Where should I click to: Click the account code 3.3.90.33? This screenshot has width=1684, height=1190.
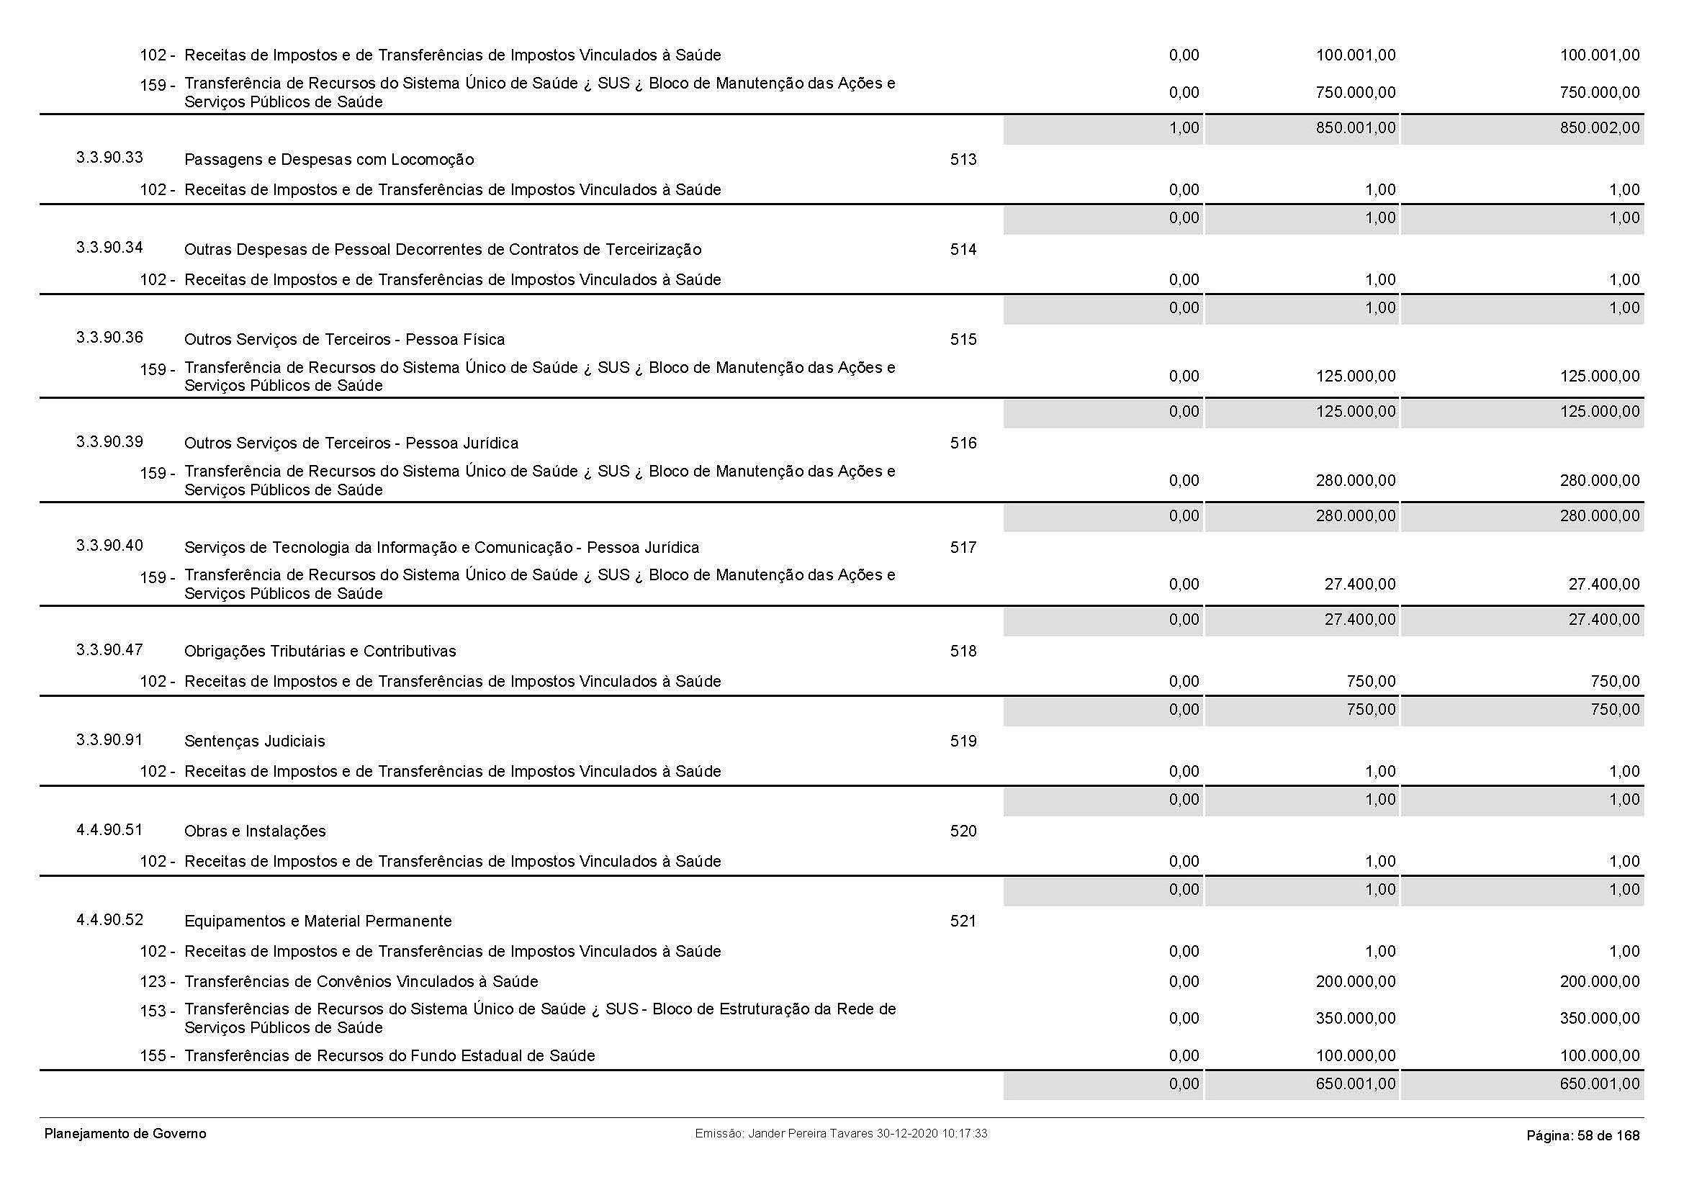click(x=109, y=158)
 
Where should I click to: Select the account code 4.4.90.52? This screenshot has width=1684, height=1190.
click(x=109, y=919)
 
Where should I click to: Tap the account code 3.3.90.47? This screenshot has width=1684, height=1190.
click(x=109, y=649)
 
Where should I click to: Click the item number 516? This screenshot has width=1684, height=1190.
click(x=963, y=443)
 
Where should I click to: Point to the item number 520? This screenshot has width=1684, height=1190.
click(x=963, y=831)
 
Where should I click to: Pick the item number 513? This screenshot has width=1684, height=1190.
click(x=963, y=159)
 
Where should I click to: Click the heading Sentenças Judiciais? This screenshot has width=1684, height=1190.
click(x=254, y=742)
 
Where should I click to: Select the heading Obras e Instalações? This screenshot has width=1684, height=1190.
click(x=254, y=831)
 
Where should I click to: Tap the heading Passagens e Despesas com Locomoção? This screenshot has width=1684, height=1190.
click(x=328, y=160)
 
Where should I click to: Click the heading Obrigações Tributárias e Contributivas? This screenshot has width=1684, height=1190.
click(x=320, y=651)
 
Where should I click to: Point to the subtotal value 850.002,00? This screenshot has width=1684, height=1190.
click(x=1599, y=128)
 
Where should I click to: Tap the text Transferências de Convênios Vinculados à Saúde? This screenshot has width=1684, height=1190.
click(x=361, y=982)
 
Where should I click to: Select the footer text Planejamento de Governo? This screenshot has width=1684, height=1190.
click(x=125, y=1134)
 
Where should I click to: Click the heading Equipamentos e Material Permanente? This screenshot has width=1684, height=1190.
click(x=318, y=921)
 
